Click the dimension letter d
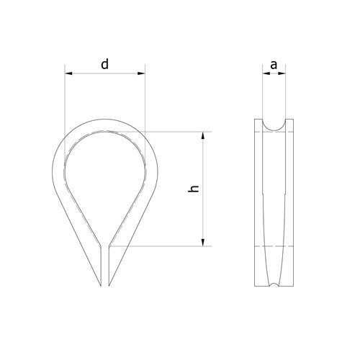(104, 65)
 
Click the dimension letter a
(274, 65)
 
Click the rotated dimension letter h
(194, 189)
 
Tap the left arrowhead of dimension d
(68, 73)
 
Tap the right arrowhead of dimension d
(141, 73)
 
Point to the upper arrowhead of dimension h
(203, 135)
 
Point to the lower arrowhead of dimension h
(203, 242)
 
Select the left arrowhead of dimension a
(266, 73)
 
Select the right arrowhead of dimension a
(282, 73)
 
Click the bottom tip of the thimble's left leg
(101, 286)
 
